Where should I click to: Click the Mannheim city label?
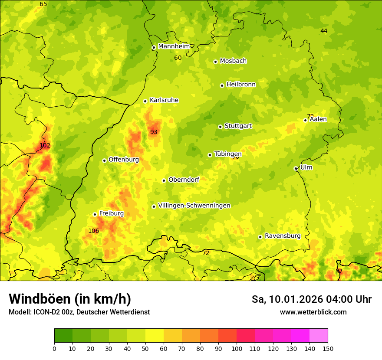click(174, 46)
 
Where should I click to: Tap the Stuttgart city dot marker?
click(220, 127)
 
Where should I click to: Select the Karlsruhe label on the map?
click(164, 100)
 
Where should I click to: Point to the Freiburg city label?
click(111, 213)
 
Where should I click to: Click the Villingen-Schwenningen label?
click(194, 206)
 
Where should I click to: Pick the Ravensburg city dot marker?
click(260, 237)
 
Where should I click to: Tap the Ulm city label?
click(306, 167)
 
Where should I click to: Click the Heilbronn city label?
click(241, 85)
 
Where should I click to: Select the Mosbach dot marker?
click(215, 62)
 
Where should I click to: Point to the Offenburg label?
click(124, 160)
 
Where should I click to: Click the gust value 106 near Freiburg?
click(93, 231)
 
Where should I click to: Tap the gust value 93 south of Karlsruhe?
click(154, 132)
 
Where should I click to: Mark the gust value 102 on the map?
click(45, 145)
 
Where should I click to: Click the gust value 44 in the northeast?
click(324, 31)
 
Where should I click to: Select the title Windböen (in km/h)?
click(70, 299)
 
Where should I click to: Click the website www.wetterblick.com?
click(313, 312)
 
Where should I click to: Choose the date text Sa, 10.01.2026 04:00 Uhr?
click(311, 299)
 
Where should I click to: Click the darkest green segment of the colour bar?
click(63, 336)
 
